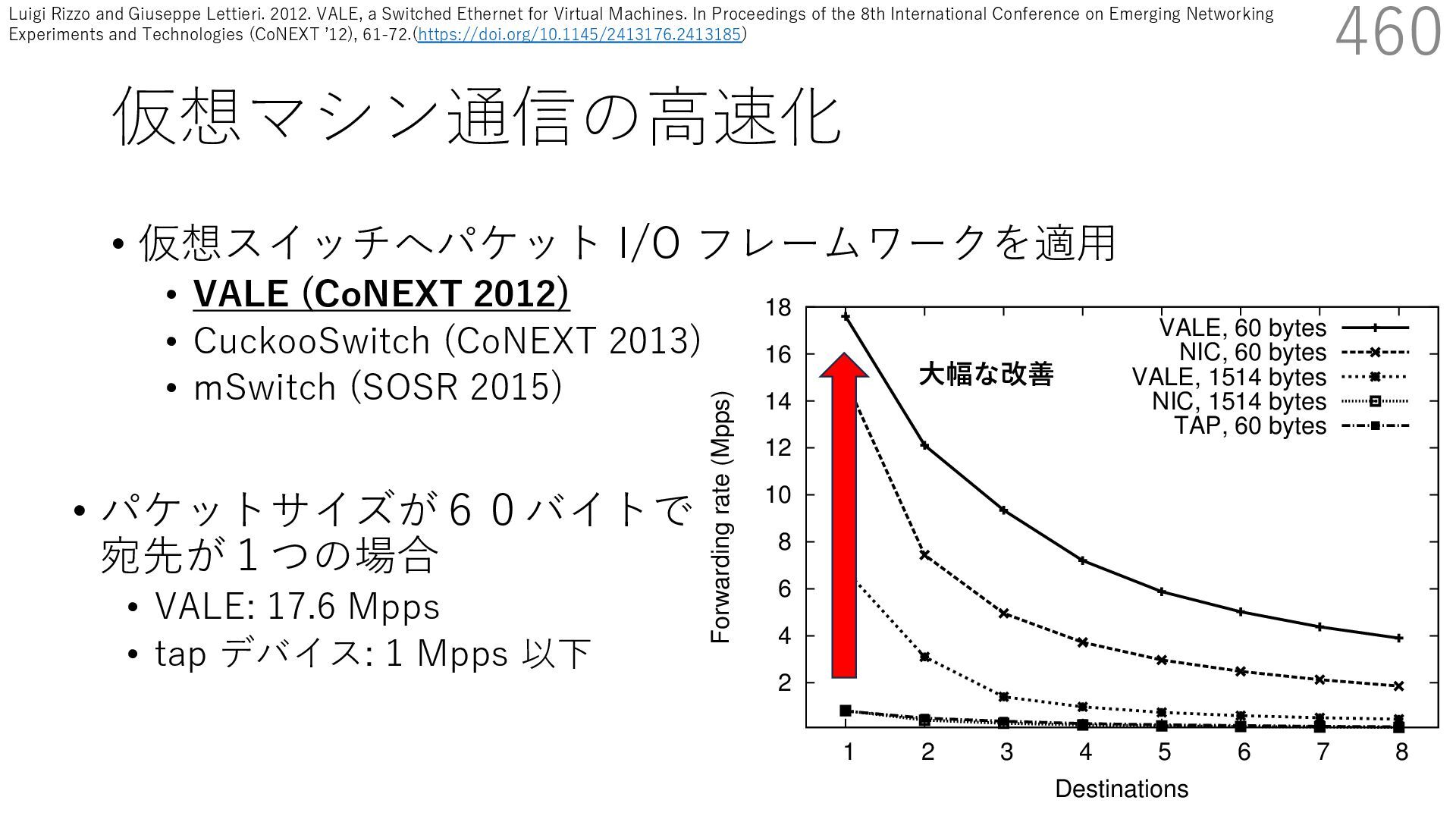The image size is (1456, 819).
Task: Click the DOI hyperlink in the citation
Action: click(x=579, y=34)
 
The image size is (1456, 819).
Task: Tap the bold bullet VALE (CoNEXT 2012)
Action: click(x=381, y=294)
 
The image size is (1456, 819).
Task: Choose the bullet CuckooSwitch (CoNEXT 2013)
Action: click(x=447, y=340)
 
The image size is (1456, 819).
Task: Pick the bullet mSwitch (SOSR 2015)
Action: click(x=378, y=388)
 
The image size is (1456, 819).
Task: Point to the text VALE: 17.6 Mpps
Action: click(x=297, y=607)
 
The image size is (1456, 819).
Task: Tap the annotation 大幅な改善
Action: click(x=986, y=375)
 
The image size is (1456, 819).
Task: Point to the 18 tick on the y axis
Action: click(x=779, y=308)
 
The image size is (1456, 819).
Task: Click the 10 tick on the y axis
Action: click(x=779, y=495)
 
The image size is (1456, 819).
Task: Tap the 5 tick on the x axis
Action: click(x=1164, y=752)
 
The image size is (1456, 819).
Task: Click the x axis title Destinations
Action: click(x=1122, y=789)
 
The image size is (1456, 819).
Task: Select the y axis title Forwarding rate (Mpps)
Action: click(x=720, y=518)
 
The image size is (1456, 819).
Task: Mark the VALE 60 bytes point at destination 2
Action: click(x=925, y=445)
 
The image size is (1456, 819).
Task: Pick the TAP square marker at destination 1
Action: click(x=846, y=711)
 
